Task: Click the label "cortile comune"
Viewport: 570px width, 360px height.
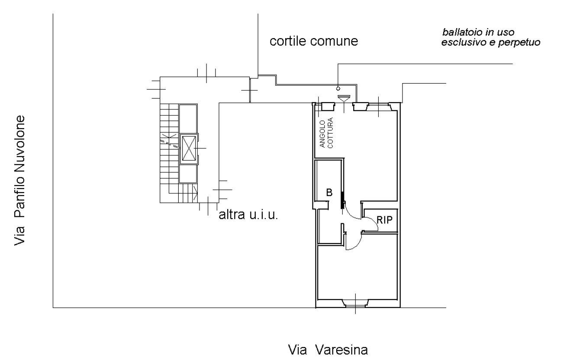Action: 314,42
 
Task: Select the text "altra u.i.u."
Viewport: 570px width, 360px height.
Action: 248,215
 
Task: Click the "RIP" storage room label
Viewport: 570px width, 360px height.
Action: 384,220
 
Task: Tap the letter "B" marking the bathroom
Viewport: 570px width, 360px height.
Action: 329,193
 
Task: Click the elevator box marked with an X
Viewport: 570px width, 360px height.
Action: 189,148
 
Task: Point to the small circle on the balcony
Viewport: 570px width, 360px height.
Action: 338,88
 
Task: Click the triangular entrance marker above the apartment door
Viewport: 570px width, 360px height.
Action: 344,98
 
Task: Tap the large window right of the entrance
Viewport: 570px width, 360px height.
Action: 379,106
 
